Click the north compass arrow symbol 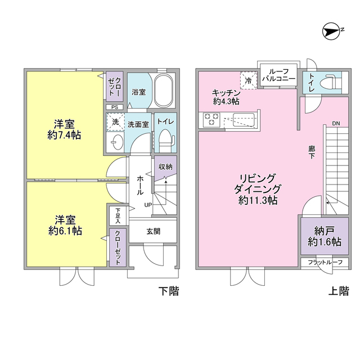click(x=333, y=31)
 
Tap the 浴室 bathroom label click(x=138, y=92)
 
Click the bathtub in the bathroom click(x=165, y=90)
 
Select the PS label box click(x=114, y=107)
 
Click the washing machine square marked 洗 click(x=115, y=122)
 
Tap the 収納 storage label click(x=165, y=166)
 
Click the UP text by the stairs click(x=148, y=204)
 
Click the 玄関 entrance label click(x=154, y=230)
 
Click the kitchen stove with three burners click(x=211, y=119)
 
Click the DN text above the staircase click(x=335, y=123)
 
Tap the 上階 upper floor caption click(x=339, y=291)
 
